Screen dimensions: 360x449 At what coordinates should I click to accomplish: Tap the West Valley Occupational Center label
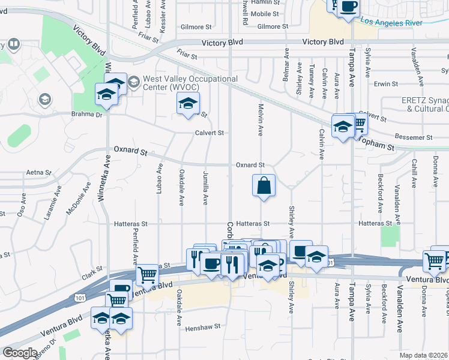pos(190,83)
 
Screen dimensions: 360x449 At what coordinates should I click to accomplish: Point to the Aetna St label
pos(39,172)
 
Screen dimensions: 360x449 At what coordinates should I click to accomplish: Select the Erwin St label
pos(382,84)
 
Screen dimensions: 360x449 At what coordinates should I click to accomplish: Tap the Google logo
pos(20,353)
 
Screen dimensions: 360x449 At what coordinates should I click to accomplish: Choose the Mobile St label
pos(265,13)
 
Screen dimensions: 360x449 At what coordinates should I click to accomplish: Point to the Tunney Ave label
pos(311,81)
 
